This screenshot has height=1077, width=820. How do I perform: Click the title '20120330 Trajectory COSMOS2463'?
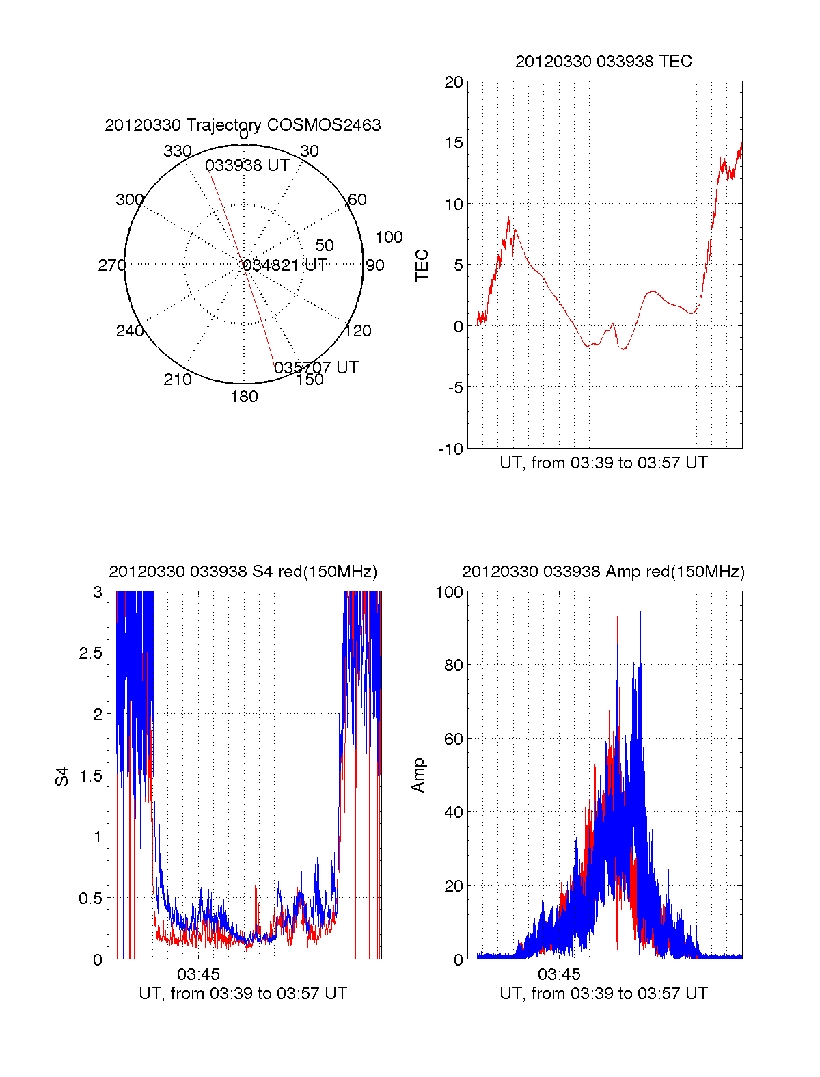click(243, 125)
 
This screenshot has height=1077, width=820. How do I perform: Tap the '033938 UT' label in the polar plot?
click(247, 165)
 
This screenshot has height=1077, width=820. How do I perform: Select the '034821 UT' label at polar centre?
click(286, 265)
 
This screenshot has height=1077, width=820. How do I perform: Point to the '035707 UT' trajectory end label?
click(316, 367)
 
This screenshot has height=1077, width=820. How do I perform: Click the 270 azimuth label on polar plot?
click(111, 265)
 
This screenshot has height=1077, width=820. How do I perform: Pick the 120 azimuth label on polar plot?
click(358, 331)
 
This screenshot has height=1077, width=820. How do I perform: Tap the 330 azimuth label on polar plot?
click(177, 151)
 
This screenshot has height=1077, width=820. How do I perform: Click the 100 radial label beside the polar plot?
click(389, 237)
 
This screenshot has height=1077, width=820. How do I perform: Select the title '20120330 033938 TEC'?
click(603, 62)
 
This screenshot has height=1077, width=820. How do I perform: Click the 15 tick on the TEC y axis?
click(454, 143)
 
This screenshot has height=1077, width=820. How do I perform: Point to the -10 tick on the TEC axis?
click(451, 449)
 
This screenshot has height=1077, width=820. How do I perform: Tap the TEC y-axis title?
click(422, 265)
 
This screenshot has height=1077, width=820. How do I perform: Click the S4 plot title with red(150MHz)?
click(243, 572)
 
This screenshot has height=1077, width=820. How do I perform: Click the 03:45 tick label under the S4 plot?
click(198, 974)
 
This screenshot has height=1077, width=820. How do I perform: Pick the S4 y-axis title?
click(62, 776)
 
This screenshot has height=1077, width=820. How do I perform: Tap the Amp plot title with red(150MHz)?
click(603, 572)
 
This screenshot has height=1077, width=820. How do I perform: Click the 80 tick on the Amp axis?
click(454, 665)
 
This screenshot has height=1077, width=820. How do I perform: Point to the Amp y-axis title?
click(418, 775)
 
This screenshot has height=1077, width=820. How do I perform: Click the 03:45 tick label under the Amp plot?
click(559, 974)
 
